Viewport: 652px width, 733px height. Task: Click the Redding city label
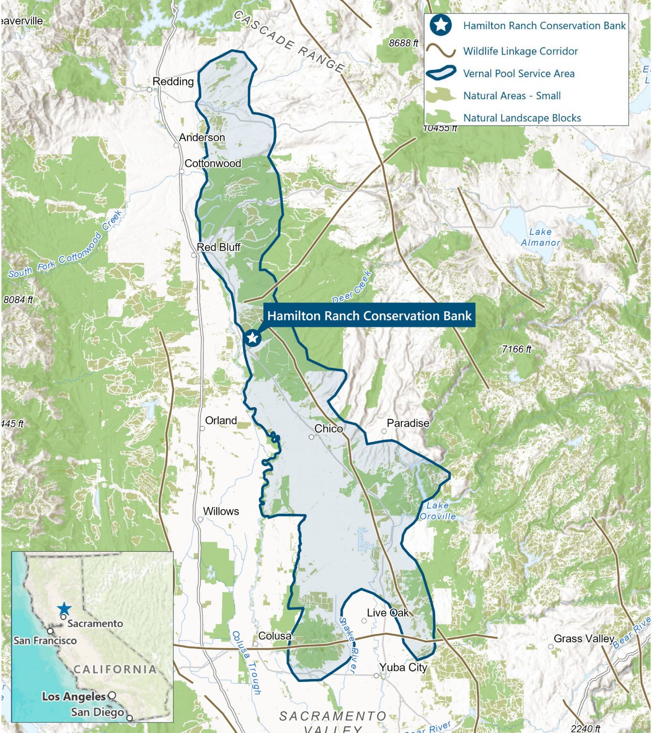(x=173, y=82)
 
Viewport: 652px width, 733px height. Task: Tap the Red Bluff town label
(x=219, y=247)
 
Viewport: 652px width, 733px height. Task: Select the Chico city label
(x=328, y=429)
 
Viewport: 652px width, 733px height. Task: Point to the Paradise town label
(x=408, y=423)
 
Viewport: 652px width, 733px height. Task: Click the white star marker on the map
(x=252, y=338)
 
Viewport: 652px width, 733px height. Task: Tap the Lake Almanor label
(x=540, y=237)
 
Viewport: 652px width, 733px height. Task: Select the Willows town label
(x=221, y=511)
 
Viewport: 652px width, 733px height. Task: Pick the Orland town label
(x=221, y=420)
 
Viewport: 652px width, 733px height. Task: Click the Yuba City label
(x=403, y=667)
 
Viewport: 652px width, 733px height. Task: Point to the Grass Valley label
(x=583, y=639)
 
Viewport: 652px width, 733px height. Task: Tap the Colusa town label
(x=274, y=636)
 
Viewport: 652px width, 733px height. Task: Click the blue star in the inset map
(x=64, y=609)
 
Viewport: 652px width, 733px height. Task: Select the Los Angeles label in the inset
(x=74, y=696)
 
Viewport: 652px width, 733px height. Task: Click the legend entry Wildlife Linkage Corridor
(x=520, y=51)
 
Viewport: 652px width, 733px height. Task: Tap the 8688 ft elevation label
(x=403, y=43)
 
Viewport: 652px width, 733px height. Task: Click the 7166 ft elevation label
(x=516, y=349)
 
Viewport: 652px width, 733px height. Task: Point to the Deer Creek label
(x=352, y=287)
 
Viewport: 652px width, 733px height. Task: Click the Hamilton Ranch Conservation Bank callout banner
(x=369, y=315)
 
